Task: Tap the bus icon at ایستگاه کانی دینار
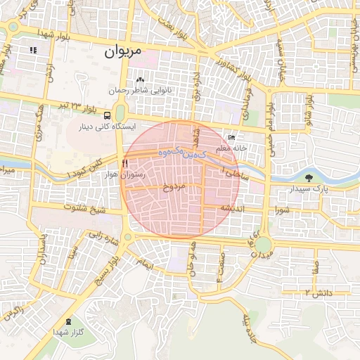(107, 115)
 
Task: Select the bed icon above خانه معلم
(233, 139)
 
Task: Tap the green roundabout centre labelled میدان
(263, 245)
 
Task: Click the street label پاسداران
(44, 247)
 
